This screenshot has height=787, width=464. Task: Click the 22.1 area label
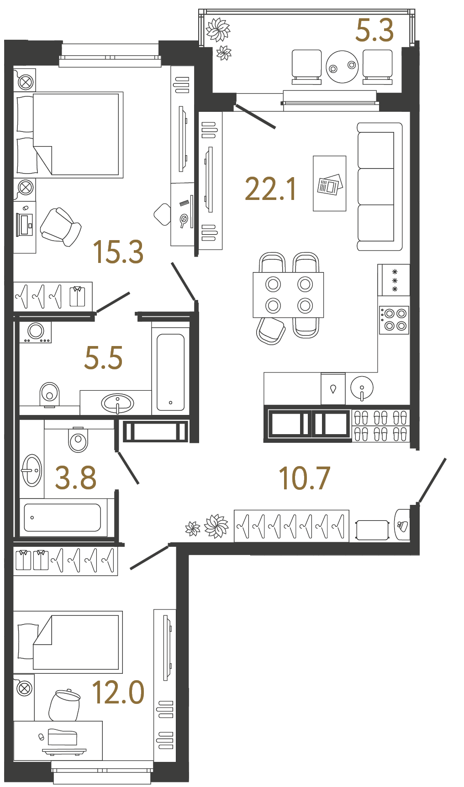tap(271, 189)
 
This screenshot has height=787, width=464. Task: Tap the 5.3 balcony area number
tap(374, 31)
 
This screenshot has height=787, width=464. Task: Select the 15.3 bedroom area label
tap(118, 252)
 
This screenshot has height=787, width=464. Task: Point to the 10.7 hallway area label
tap(304, 478)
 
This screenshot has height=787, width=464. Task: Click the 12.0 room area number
tap(118, 692)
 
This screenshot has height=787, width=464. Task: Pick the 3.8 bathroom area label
tap(76, 477)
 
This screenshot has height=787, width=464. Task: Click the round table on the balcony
tap(342, 67)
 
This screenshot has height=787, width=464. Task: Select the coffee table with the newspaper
tap(329, 184)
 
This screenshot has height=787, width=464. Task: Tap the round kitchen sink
tap(362, 388)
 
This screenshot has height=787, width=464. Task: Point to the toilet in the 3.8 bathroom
tap(78, 439)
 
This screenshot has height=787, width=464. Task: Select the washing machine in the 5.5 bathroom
tap(36, 331)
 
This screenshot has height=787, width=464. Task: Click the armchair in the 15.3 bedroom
tap(61, 227)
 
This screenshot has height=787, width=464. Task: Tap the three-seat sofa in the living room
tap(380, 187)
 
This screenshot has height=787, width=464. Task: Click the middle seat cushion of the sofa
tap(376, 187)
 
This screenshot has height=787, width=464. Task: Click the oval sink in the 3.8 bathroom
tap(32, 470)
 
